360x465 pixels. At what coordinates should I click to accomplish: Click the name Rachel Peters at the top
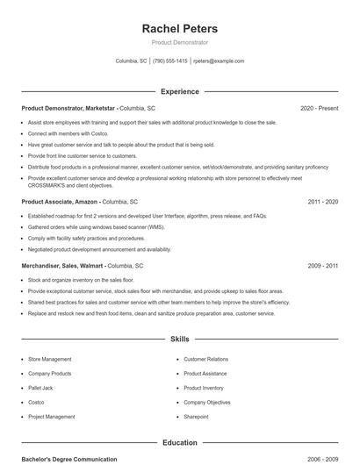(179, 29)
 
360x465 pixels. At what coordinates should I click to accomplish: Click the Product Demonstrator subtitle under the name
(179, 42)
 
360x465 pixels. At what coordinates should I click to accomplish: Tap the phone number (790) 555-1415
(169, 61)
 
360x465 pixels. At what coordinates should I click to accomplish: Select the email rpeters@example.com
(219, 61)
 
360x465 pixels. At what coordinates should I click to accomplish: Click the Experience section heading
(179, 91)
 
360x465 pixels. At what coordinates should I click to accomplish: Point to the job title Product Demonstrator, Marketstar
(68, 108)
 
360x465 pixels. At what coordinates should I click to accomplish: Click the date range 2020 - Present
(319, 108)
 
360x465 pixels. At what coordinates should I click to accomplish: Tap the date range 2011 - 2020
(322, 201)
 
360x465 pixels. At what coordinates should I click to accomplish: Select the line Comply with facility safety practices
(86, 238)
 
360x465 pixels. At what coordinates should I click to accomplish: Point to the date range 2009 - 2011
(322, 265)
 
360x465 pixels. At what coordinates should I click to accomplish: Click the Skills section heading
(179, 338)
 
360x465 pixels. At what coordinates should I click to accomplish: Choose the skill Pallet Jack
(40, 388)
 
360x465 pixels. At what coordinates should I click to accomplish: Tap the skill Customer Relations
(205, 359)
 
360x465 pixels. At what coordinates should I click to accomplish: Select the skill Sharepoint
(197, 417)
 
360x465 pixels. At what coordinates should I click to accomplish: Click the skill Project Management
(51, 417)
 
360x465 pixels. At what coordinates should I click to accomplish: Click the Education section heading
(179, 443)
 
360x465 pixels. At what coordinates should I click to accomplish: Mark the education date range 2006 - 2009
(322, 459)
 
